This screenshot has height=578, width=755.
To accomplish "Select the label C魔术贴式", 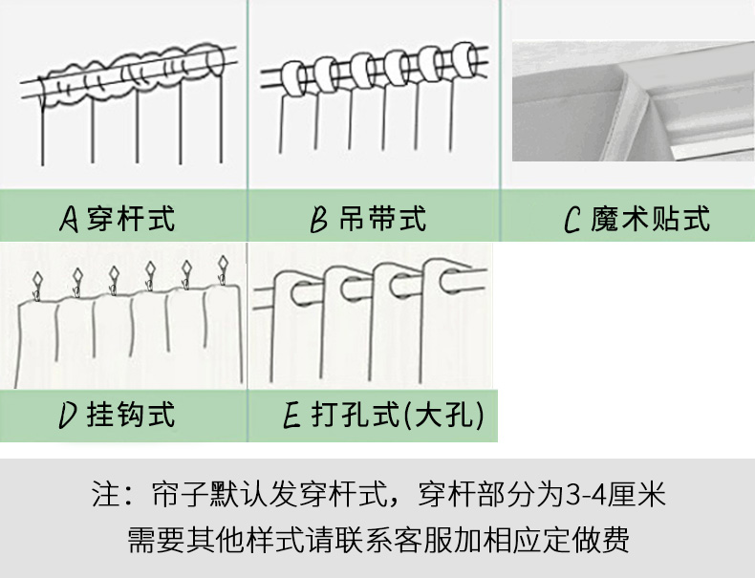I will [x=636, y=220].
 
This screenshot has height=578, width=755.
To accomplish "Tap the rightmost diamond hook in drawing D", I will [x=224, y=264].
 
